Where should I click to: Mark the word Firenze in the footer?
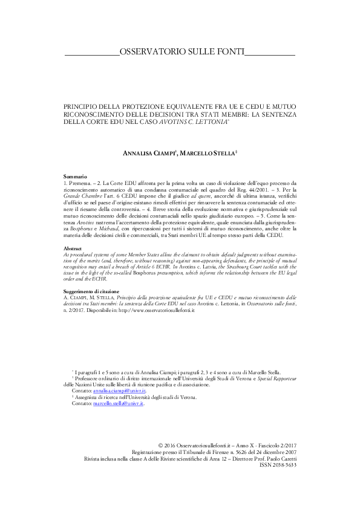coord(212,469)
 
